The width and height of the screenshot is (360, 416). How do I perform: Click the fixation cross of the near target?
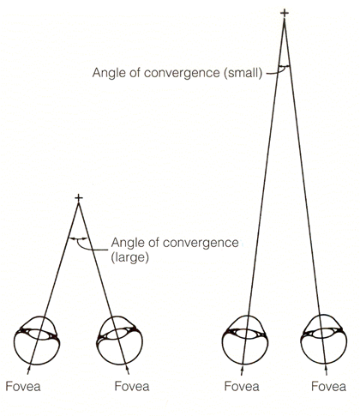(x=79, y=198)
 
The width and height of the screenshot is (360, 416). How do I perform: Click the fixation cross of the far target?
(x=285, y=13)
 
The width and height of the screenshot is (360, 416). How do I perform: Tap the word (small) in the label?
(x=243, y=73)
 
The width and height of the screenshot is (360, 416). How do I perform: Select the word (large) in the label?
(x=130, y=257)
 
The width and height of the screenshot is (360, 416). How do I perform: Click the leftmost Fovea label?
(x=23, y=387)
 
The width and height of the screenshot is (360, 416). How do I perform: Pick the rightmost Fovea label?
(x=328, y=387)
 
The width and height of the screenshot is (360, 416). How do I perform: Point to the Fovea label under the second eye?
(x=132, y=387)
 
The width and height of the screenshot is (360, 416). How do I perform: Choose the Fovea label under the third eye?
(x=242, y=387)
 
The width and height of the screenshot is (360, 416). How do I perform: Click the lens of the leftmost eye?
(x=39, y=335)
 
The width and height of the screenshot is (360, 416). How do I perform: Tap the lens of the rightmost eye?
(x=323, y=334)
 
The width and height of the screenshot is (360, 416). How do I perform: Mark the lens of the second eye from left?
(x=117, y=335)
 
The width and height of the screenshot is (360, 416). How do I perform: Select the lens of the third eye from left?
(x=246, y=334)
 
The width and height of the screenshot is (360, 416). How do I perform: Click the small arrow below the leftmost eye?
(x=28, y=371)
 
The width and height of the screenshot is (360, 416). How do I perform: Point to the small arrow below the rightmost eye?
(x=327, y=371)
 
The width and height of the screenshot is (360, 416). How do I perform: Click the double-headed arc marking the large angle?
(x=78, y=238)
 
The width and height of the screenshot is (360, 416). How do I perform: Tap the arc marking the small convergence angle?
(x=285, y=66)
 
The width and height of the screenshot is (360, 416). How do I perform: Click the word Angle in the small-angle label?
(x=106, y=73)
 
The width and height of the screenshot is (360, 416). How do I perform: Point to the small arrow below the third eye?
(x=242, y=371)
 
